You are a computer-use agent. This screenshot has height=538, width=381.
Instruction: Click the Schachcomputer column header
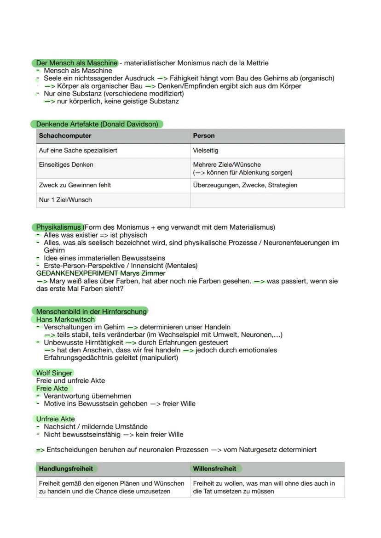coord(65,136)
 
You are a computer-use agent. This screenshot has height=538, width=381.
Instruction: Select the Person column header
coord(204,136)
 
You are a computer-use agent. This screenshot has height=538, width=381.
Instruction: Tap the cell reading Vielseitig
coord(206,150)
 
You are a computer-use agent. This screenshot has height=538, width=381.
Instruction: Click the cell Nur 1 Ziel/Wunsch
coord(65,200)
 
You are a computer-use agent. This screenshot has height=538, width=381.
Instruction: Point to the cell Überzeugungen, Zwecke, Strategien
coord(245,185)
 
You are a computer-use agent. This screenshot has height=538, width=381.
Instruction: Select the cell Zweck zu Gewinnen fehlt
coord(75,185)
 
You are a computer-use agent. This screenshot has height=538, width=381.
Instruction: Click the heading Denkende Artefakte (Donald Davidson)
coord(97,124)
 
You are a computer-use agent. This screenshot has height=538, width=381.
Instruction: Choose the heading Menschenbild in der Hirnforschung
coord(91,311)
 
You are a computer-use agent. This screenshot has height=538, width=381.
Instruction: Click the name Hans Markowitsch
coord(65,319)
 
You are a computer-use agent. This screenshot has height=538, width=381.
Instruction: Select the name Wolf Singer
coord(54,373)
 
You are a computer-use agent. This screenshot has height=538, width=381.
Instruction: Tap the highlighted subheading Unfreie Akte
coord(55,419)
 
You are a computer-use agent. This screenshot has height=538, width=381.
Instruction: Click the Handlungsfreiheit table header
coord(66,469)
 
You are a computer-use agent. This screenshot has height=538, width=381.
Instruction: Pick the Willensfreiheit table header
coord(214,469)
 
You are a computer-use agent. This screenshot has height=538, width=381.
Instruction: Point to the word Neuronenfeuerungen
coord(297,243)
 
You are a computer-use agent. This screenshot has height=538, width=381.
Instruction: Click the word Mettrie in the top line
coord(255,63)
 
